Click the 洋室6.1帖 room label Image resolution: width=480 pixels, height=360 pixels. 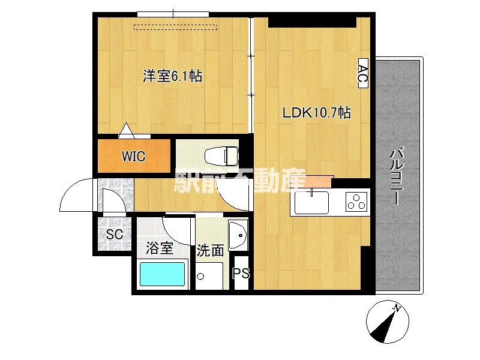172,76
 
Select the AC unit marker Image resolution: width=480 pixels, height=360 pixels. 363,73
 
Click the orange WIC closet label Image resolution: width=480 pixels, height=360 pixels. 133,157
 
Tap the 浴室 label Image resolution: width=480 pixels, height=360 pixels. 159,247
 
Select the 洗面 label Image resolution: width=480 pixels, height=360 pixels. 210,250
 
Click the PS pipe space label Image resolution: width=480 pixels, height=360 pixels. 241,274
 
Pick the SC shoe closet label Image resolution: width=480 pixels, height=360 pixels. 114,234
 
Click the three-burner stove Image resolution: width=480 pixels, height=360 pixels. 356,202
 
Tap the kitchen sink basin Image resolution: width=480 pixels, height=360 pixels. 311,202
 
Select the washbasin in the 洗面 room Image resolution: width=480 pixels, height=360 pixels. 239,233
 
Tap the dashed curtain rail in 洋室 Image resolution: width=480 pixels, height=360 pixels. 175,26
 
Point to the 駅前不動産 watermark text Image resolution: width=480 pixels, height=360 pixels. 240,179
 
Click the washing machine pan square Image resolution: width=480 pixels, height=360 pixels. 209,277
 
